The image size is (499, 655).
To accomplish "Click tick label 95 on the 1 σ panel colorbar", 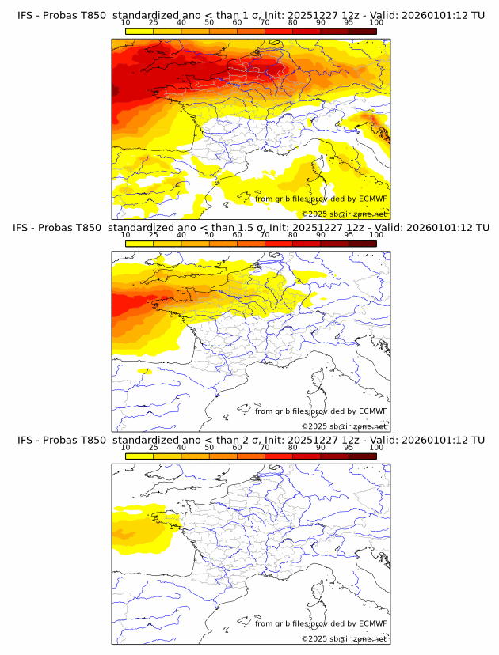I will click(349, 22).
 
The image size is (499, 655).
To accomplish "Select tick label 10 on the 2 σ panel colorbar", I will click(126, 447).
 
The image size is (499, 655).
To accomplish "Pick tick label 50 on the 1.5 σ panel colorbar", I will click(209, 235).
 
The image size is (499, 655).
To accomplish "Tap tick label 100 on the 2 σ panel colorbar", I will click(376, 447).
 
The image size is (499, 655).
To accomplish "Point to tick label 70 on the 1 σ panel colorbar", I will click(265, 22).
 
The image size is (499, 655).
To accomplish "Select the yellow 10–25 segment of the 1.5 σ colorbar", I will click(139, 243).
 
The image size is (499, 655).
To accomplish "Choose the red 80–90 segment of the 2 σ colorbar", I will click(306, 456).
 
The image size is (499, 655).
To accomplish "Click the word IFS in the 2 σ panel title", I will click(25, 440).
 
